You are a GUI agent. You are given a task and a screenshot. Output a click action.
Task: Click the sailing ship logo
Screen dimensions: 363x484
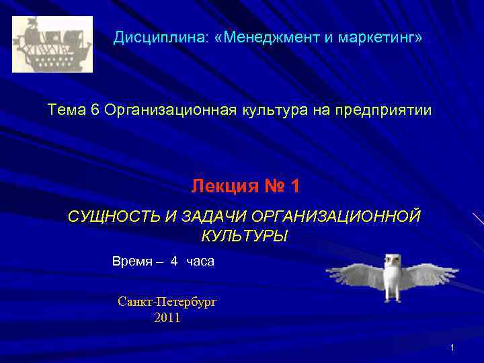52,44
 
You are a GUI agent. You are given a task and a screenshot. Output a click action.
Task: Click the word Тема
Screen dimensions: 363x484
66,110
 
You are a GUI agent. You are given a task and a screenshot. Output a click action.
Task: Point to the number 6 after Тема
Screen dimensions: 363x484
93,110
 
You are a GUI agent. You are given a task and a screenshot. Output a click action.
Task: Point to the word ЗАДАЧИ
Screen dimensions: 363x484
214,216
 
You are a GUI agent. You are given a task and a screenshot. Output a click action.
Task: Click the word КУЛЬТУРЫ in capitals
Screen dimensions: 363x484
244,237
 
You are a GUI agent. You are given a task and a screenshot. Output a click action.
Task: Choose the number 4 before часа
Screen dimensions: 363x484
174,261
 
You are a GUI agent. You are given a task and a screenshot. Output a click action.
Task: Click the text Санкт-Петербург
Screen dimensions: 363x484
167,302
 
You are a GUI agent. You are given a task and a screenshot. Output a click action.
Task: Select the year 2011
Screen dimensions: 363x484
167,318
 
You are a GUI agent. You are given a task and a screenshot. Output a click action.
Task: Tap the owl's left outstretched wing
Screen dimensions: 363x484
352,272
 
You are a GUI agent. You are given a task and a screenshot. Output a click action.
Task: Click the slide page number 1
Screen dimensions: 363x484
453,348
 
